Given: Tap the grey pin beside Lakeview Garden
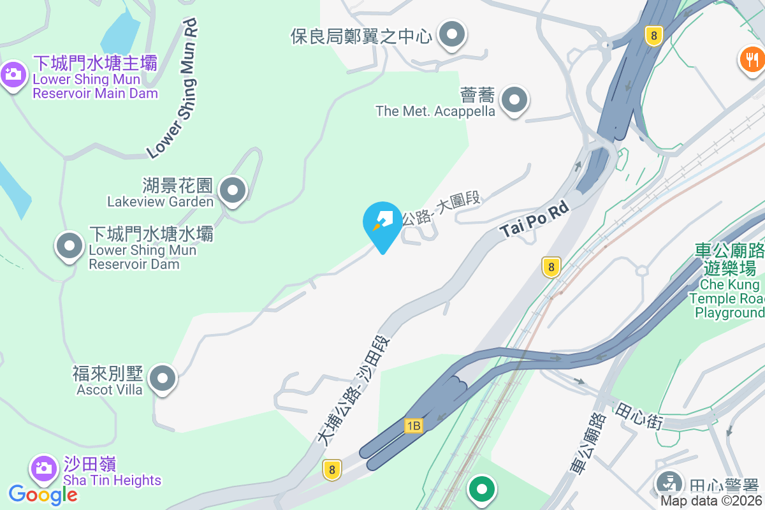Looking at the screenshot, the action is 233,190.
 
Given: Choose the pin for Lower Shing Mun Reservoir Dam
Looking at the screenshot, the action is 69,246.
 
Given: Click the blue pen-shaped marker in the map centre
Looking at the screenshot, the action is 382,223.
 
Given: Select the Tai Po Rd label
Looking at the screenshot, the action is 534,222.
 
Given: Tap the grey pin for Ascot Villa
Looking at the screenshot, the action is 163,379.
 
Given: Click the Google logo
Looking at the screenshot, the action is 43,494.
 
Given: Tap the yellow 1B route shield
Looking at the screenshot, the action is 413,425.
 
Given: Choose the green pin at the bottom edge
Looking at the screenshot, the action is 483,490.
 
